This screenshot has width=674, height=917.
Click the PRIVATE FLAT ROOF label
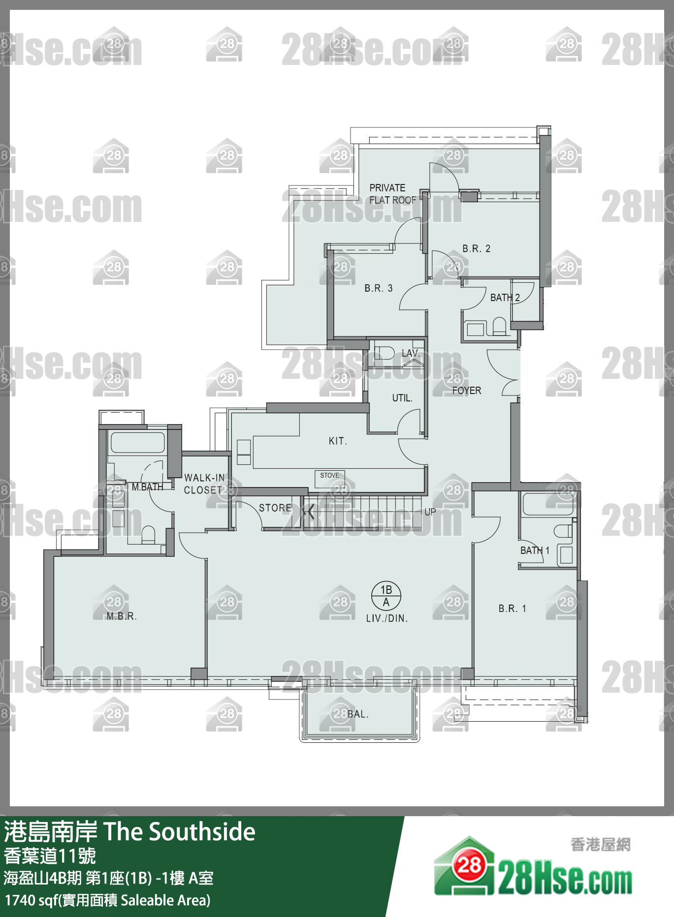click(393, 194)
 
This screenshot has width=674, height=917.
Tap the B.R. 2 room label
click(476, 248)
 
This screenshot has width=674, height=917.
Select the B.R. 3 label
click(379, 288)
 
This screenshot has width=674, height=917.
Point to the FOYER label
click(467, 391)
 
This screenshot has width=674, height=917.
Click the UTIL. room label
click(402, 398)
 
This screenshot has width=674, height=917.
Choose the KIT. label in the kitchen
click(338, 441)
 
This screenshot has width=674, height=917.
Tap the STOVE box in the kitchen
click(330, 476)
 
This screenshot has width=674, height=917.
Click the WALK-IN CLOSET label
click(204, 484)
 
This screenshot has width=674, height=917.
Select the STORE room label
click(275, 508)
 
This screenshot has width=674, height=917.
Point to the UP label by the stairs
click(430, 512)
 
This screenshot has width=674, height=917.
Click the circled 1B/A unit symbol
click(386, 596)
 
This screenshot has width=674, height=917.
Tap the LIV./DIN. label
click(387, 619)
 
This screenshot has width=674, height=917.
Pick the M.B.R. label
click(122, 616)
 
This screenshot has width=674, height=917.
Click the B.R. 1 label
click(513, 609)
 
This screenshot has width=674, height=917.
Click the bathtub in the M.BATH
click(137, 443)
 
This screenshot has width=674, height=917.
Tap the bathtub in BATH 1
click(547, 503)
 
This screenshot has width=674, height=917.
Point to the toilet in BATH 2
click(499, 326)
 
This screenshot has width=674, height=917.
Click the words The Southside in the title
click(180, 832)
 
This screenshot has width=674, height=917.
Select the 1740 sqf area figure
click(32, 900)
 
